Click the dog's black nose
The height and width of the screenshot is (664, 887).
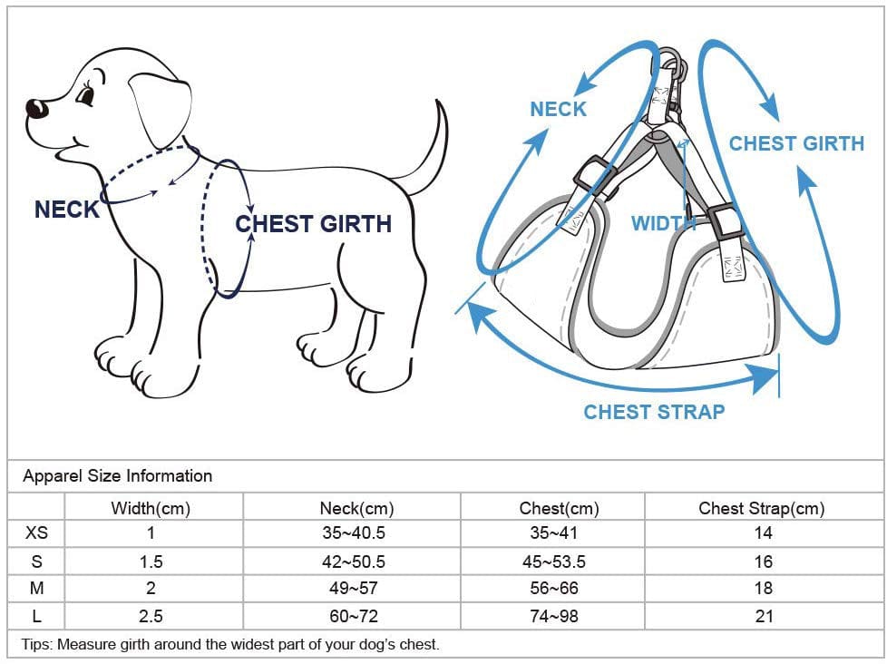[37, 108]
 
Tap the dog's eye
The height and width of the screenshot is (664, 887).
[86, 94]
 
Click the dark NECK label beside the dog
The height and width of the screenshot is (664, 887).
[67, 210]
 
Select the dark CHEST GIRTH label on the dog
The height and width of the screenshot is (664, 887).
[314, 224]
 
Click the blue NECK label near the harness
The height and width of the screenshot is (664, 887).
[559, 109]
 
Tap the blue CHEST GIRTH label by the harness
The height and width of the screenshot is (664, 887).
[796, 143]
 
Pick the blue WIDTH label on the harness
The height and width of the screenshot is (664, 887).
[663, 223]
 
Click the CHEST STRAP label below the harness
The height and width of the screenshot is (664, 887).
[654, 412]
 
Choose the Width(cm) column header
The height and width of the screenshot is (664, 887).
[151, 508]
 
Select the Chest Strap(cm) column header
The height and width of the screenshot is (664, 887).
[762, 508]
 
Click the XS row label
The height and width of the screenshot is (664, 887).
[37, 532]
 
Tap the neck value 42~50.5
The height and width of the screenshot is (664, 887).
[354, 561]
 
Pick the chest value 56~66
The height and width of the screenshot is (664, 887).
[554, 588]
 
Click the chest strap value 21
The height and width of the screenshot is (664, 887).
[764, 616]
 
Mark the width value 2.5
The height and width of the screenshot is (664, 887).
[151, 616]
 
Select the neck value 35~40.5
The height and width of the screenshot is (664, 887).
[354, 532]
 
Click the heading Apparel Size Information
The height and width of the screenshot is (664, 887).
[118, 476]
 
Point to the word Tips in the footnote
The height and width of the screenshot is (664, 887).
[37, 644]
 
